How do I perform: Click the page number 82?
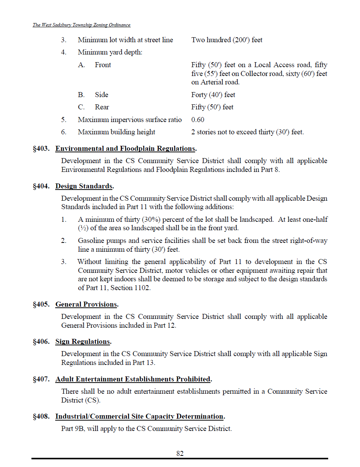180,453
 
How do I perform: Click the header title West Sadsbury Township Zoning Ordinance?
81,25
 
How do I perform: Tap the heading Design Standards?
84,186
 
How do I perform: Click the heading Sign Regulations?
83,342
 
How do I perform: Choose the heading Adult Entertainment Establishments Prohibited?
133,379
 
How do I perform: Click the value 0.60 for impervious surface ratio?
198,120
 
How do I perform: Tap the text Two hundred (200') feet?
227,40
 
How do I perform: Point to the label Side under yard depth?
102,95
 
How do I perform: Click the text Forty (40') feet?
213,95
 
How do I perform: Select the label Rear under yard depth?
102,107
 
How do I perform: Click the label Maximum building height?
117,132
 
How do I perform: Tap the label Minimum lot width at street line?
125,40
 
